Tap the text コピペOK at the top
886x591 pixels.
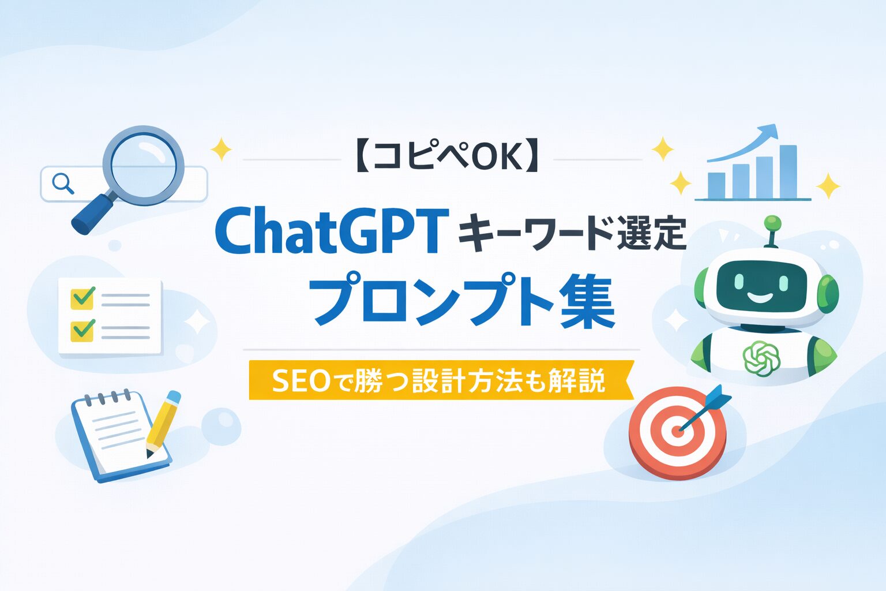pos(445,158)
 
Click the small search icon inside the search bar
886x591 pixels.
pos(62,183)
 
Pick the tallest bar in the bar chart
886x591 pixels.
pos(787,171)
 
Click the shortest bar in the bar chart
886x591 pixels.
pos(716,185)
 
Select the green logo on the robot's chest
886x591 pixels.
pos(761,358)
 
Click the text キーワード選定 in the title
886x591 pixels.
pos(571,234)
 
